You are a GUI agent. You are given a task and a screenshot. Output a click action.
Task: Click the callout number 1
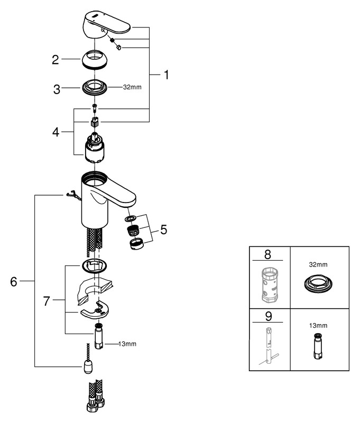click(165, 75)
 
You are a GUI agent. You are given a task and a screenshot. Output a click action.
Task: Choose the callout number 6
click(14, 281)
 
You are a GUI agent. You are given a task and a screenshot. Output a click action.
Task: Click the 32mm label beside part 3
click(132, 86)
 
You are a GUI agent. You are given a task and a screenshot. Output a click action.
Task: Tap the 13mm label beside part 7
click(126, 344)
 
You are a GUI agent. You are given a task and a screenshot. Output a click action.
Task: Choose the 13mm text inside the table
click(319, 326)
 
